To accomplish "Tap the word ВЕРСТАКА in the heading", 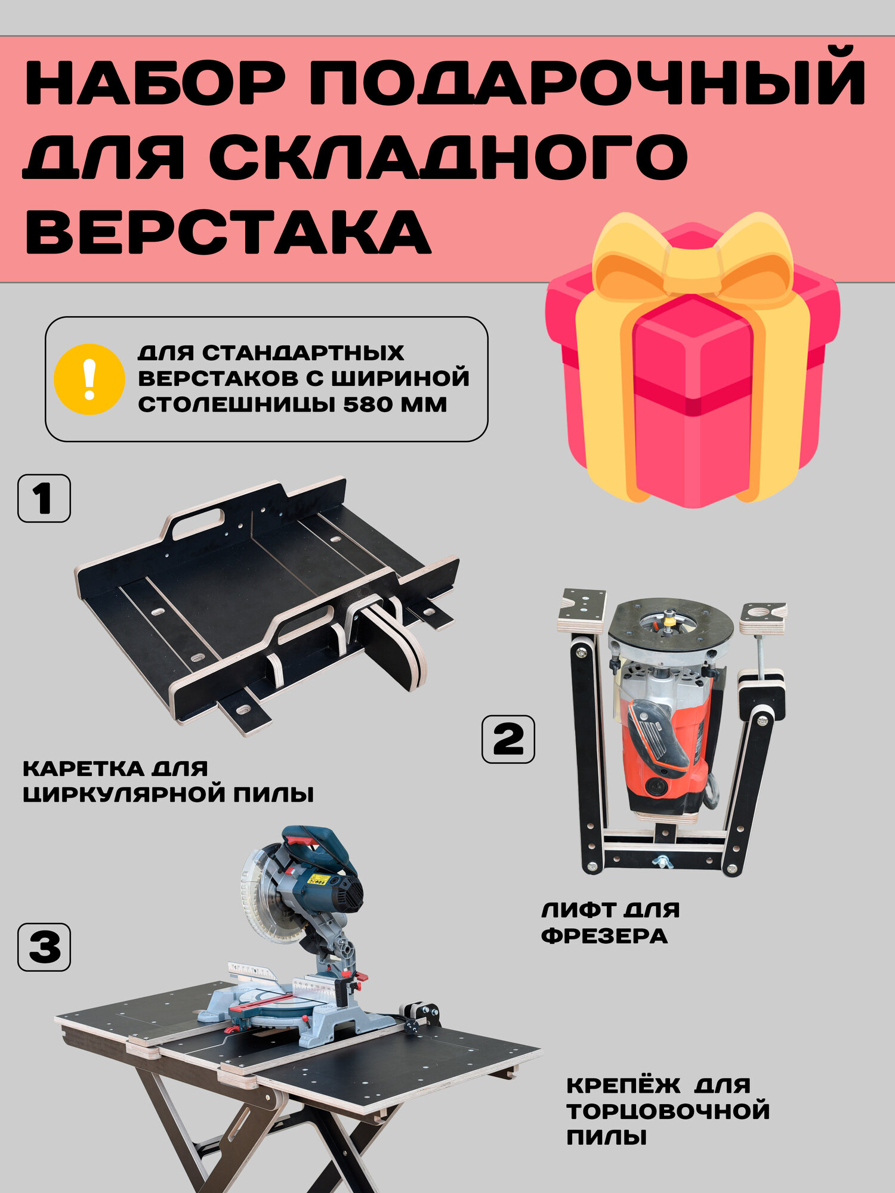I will (x=227, y=232).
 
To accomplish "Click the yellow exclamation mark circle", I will (x=89, y=379).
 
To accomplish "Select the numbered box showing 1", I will (x=44, y=499).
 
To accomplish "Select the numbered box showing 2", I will (x=508, y=739).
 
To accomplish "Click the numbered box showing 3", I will (x=44, y=947).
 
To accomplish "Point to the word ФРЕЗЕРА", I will (x=604, y=936).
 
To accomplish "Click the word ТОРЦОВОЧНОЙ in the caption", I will (x=668, y=1111).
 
